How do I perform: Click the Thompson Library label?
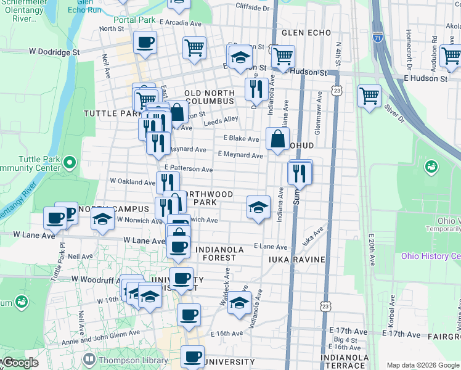tap(128, 358)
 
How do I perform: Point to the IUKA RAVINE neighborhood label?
tap(296, 260)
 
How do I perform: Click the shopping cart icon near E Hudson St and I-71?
tap(369, 96)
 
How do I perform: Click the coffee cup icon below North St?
tap(145, 43)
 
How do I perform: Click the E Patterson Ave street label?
tap(189, 168)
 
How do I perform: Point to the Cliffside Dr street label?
tap(253, 7)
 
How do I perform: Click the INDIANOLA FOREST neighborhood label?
tap(219, 249)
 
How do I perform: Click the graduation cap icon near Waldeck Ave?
tap(239, 303)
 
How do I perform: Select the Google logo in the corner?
tap(21, 363)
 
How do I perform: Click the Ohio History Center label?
tap(431, 256)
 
